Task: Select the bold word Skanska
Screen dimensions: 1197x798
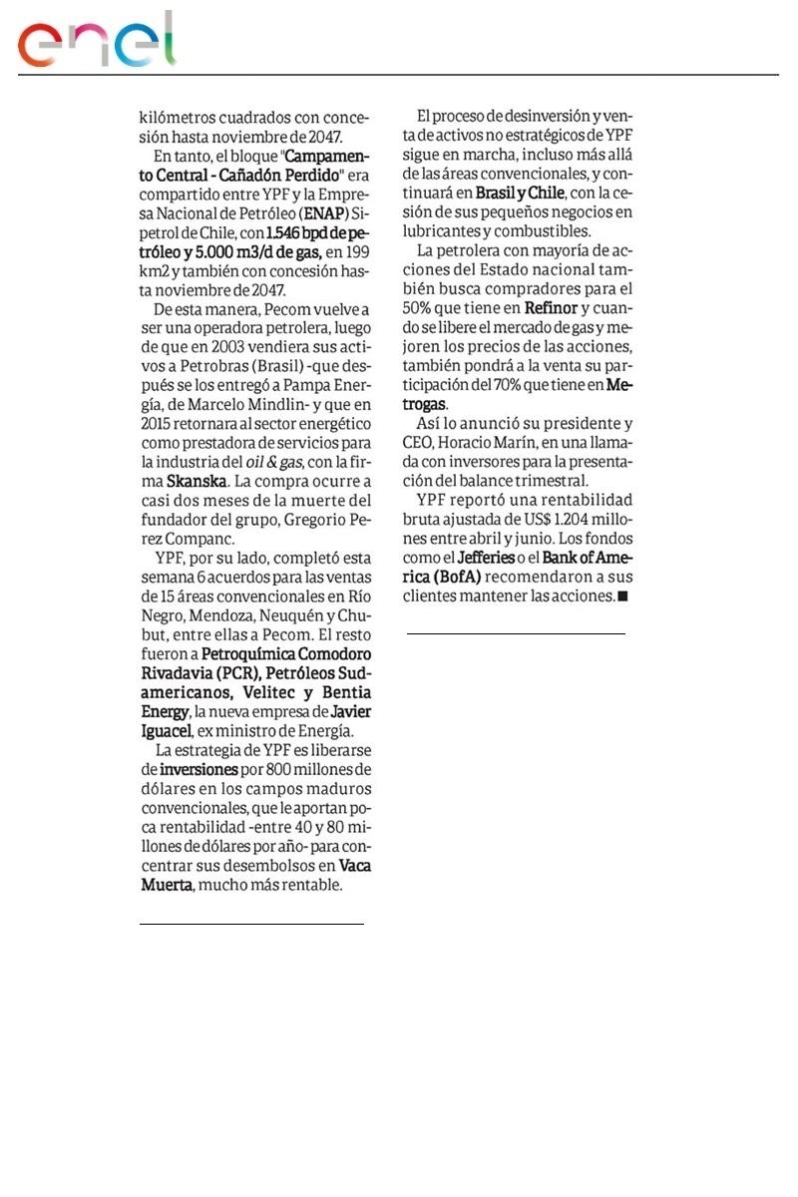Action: (193, 480)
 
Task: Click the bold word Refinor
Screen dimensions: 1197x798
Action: (552, 309)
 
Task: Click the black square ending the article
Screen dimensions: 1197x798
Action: (622, 596)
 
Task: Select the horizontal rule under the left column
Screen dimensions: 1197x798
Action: (251, 925)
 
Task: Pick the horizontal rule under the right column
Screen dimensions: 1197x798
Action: (515, 633)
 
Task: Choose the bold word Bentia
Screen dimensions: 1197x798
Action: (345, 693)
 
